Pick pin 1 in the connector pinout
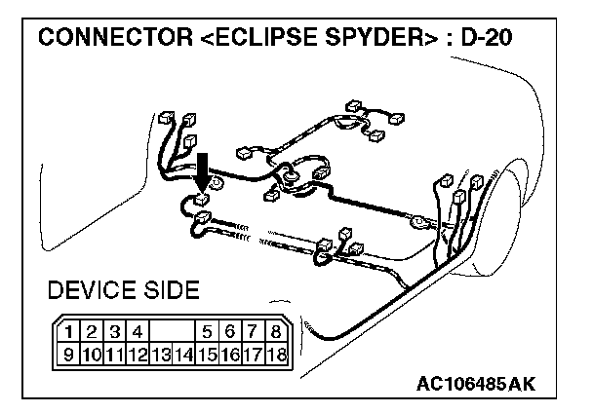pyautogui.click(x=72, y=331)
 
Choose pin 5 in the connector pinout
pyautogui.click(x=207, y=331)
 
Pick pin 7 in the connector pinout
pyautogui.click(x=252, y=331)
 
